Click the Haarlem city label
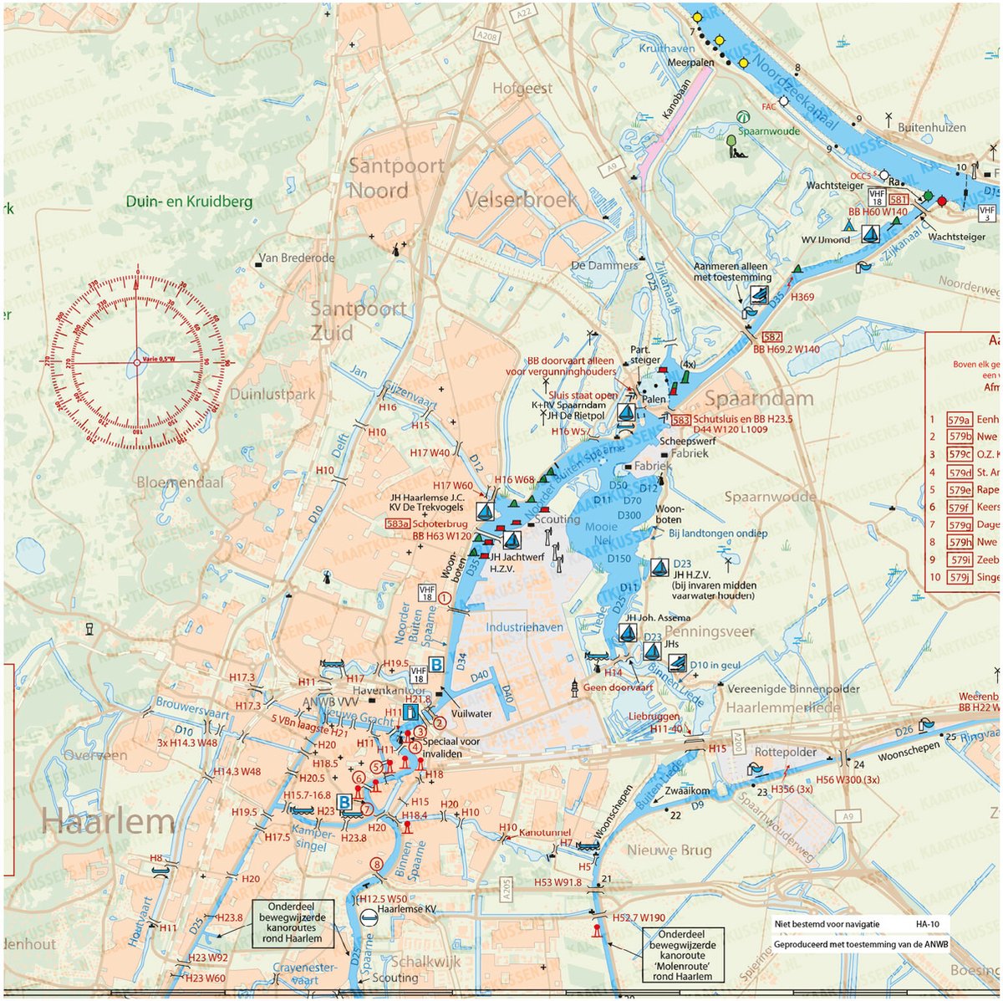108,821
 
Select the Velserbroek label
522,200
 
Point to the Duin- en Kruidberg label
189,202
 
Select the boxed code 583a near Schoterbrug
398,523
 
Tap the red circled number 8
377,865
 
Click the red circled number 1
445,598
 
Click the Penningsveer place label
710,632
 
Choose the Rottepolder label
786,752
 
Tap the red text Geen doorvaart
618,687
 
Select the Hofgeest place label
522,88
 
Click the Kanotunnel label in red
545,833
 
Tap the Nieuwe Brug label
670,850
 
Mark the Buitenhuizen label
931,127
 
